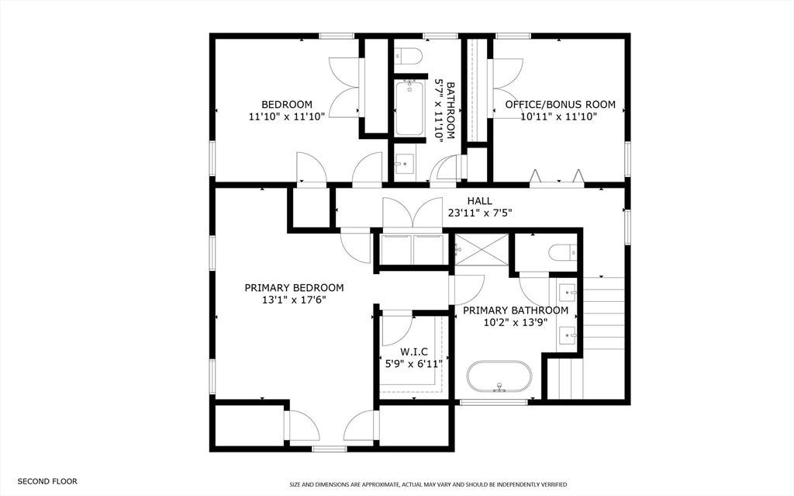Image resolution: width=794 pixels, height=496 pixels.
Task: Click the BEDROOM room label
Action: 287,105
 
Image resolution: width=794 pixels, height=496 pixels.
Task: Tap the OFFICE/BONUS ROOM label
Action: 560,105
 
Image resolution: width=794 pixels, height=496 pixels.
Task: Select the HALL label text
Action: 479,201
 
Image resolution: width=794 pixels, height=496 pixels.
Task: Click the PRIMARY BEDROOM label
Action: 294,288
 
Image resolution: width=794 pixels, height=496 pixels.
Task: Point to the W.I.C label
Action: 414,352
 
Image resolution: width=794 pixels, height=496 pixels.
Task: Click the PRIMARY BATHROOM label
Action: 516,310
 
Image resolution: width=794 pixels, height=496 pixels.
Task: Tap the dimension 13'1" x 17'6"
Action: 294,300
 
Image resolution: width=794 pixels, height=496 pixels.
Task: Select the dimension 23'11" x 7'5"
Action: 479,213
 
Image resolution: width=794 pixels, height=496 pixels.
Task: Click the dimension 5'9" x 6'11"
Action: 414,363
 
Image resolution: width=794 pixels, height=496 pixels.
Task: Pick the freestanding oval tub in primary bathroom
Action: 499,376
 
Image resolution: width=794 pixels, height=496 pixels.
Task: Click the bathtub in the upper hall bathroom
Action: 409,108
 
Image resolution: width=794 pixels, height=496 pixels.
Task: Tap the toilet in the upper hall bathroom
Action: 408,56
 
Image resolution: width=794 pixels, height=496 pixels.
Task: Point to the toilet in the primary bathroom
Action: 563,252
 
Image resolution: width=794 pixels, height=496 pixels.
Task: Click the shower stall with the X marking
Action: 482,249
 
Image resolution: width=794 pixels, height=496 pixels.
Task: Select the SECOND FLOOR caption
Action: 47,481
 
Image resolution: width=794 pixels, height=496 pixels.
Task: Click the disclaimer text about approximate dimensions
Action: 428,485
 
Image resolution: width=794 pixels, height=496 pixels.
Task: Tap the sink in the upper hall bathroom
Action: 405,163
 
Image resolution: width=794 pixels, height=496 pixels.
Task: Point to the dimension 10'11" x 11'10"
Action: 559,116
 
